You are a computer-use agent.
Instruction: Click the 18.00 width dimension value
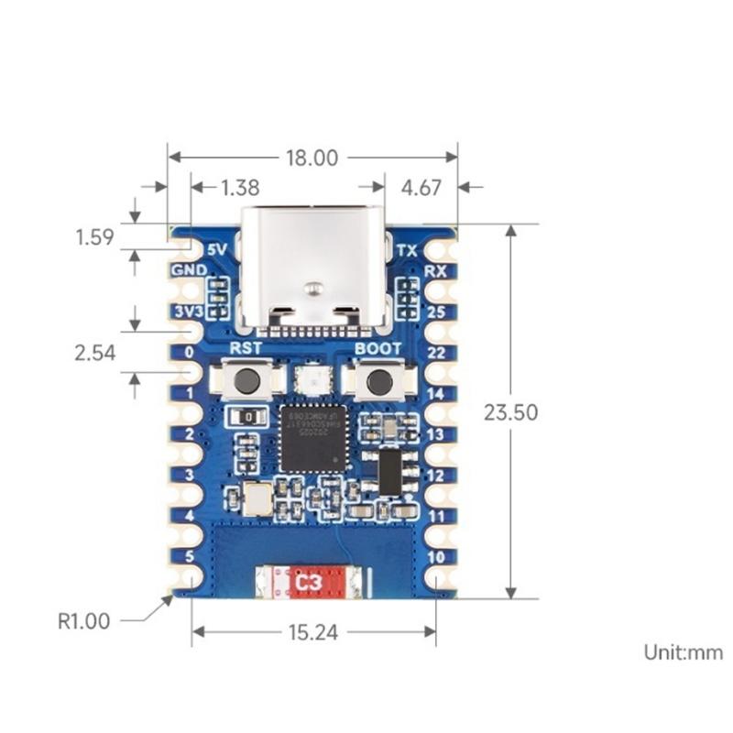(312, 158)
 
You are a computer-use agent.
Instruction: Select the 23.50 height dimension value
(511, 412)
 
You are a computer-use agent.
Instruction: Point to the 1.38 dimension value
(240, 188)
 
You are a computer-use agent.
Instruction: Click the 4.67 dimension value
(421, 188)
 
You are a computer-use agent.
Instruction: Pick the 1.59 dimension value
(94, 237)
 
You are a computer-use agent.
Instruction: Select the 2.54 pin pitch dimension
(95, 352)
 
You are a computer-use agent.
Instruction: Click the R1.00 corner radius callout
(83, 621)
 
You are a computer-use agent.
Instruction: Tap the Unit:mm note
(683, 652)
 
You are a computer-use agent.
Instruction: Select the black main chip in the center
(312, 437)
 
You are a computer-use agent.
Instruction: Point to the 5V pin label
(217, 249)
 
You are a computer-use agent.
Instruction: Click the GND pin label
(188, 271)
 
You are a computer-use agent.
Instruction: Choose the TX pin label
(408, 249)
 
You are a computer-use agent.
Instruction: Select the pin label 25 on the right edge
(435, 312)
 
